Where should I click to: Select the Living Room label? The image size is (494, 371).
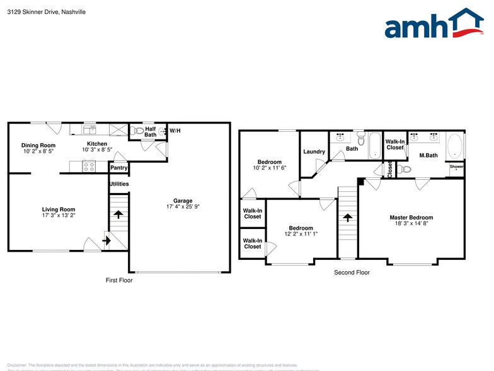(x=59, y=209)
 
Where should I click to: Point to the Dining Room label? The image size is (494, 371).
(x=38, y=145)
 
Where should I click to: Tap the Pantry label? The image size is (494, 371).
(x=118, y=168)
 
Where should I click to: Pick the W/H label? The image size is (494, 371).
(x=175, y=131)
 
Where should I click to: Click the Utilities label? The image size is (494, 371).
(x=118, y=184)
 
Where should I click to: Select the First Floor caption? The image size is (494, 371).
(x=118, y=280)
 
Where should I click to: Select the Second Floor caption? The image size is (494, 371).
(x=352, y=273)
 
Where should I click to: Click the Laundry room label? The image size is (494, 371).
(x=314, y=151)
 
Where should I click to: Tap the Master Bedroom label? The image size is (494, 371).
(x=411, y=218)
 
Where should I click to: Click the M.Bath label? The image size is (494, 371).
(x=428, y=155)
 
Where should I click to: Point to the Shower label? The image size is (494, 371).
(x=456, y=167)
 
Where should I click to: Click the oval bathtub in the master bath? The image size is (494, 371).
(x=455, y=147)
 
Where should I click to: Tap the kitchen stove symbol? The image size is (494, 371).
(x=89, y=167)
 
